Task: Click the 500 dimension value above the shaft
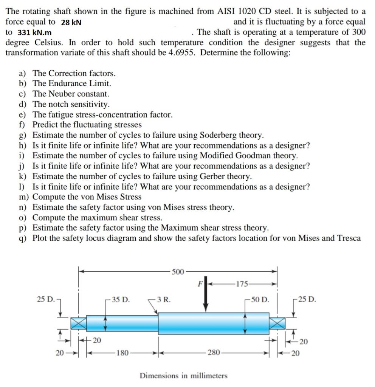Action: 178,271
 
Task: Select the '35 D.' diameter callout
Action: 119,300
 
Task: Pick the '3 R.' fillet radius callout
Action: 163,300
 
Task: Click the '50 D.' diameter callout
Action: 259,300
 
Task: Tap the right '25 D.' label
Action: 307,300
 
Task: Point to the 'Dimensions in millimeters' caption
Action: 184,375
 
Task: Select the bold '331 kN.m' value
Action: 35,33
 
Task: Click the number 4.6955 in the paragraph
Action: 180,53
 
